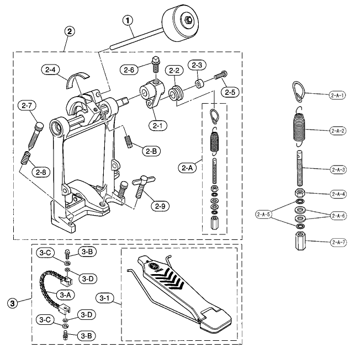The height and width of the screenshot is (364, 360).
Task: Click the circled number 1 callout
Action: tap(128, 20)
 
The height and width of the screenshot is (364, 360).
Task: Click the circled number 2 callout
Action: tap(69, 31)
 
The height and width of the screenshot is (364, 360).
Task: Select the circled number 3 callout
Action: tap(13, 303)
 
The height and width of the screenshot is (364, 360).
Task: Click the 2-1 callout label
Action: tap(158, 125)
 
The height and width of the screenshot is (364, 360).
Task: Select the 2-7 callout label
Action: tap(27, 105)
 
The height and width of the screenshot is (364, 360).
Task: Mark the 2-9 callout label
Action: tap(160, 206)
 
